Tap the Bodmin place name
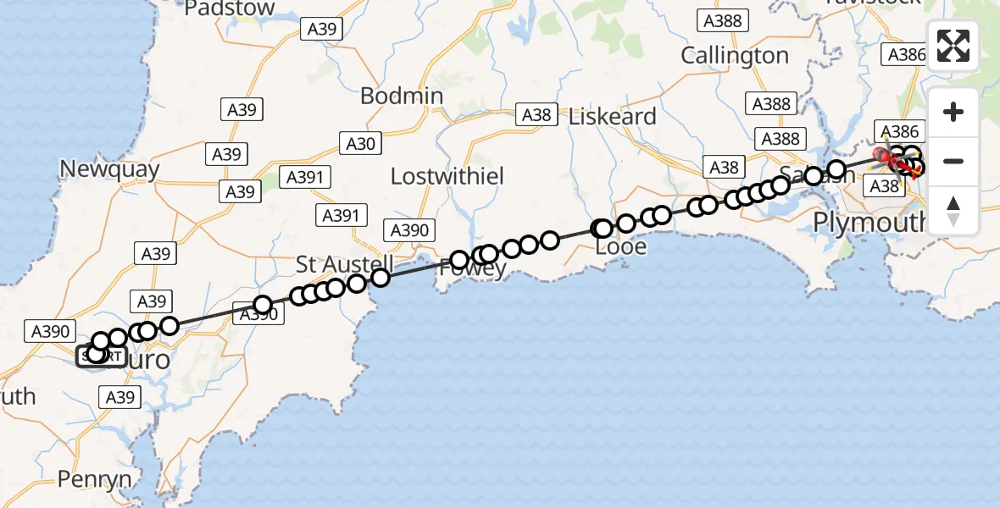(402, 96)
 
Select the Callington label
(735, 56)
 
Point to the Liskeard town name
(613, 117)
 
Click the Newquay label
(109, 169)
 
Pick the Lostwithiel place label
(458, 176)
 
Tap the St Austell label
(344, 264)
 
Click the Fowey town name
(473, 269)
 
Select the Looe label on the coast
(621, 247)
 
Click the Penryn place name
(95, 480)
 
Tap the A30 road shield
(360, 144)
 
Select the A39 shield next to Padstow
(322, 29)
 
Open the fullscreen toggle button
(953, 46)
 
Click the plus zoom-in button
(953, 112)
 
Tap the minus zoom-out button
(953, 161)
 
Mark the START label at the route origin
(102, 356)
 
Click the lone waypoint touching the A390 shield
(263, 304)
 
